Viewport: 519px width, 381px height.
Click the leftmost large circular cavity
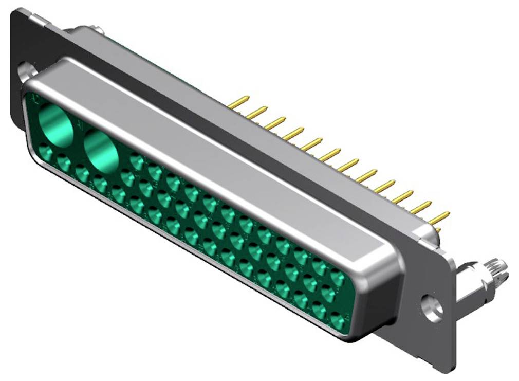[57, 124]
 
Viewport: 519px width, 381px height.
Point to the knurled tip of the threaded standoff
[498, 270]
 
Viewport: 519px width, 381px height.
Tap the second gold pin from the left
[257, 112]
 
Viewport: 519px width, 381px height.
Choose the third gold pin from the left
[275, 123]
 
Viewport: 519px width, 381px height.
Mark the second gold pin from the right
[421, 207]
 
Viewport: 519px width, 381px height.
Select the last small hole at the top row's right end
[337, 278]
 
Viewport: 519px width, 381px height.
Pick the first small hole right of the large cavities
[137, 162]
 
